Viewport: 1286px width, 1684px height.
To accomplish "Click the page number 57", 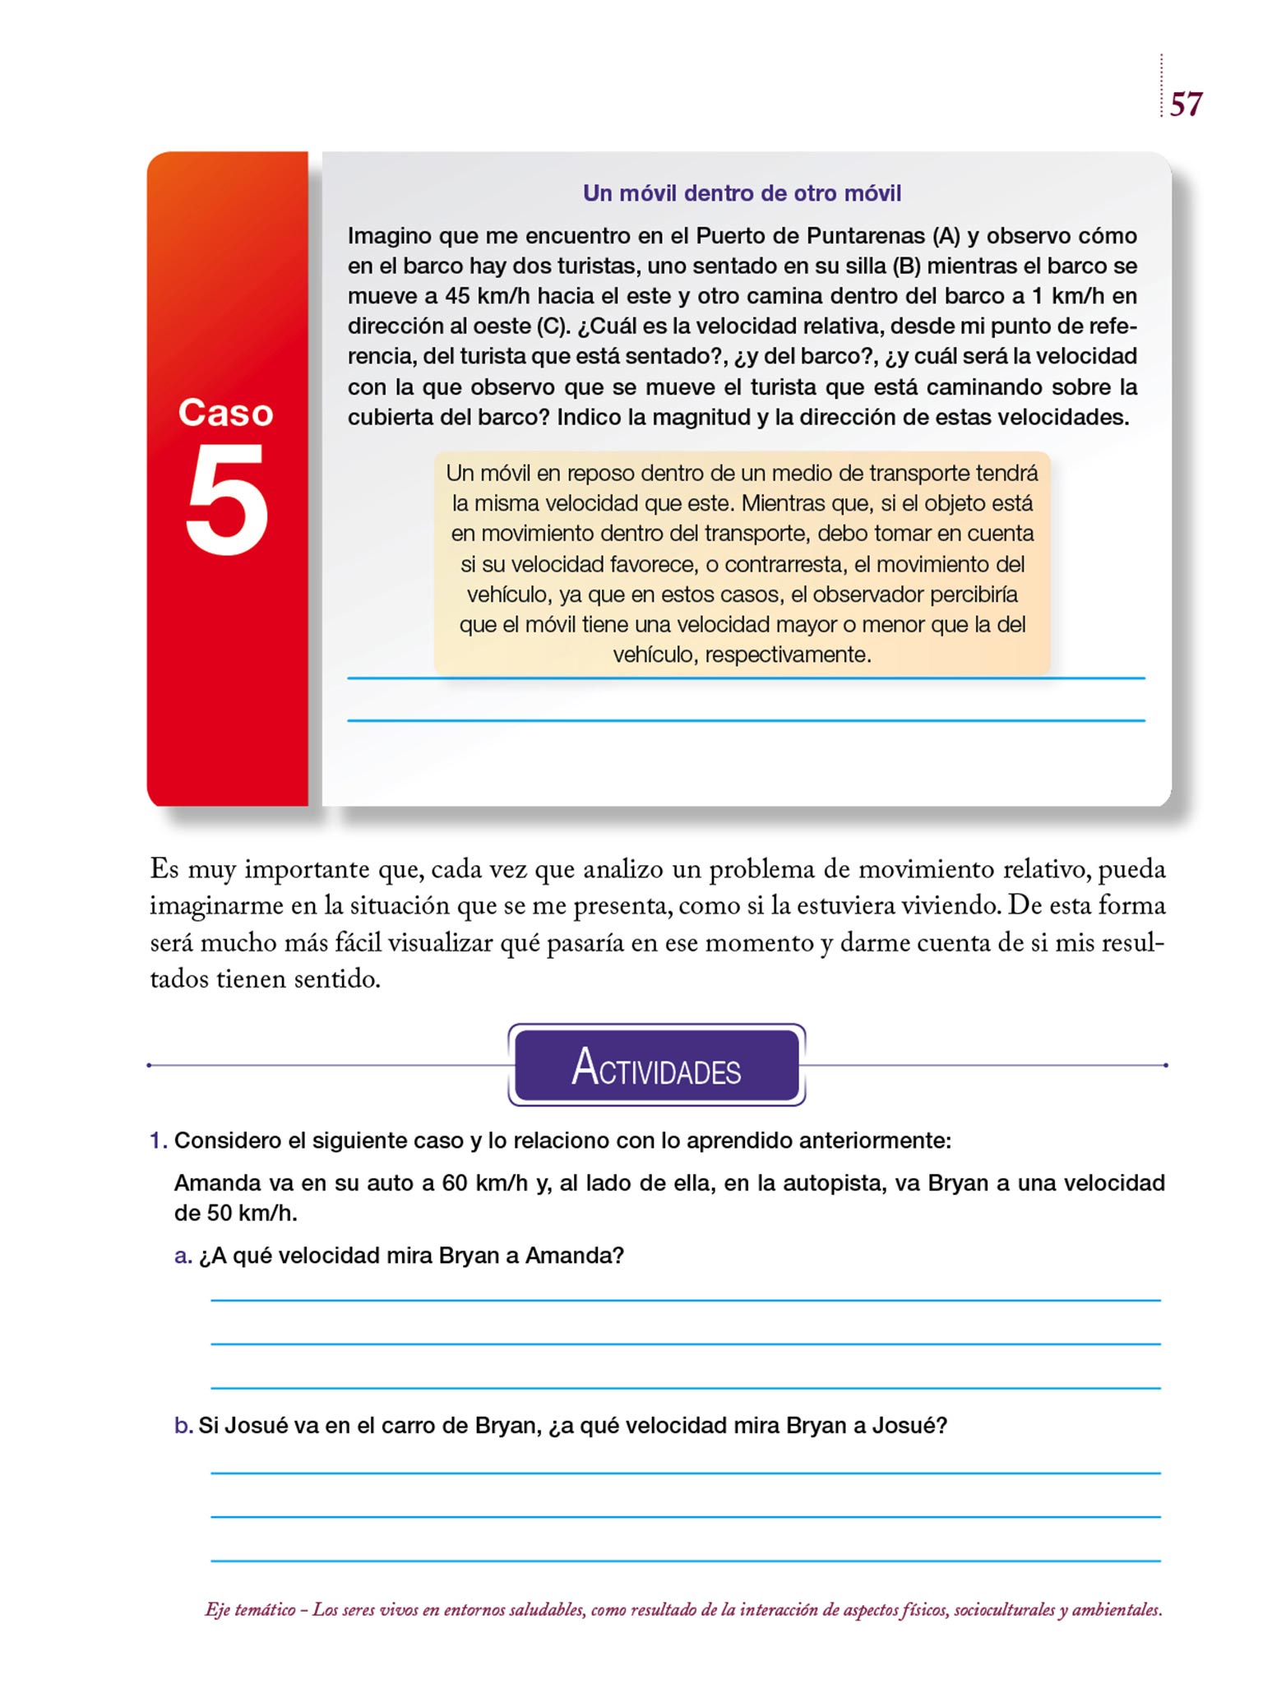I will (x=1186, y=104).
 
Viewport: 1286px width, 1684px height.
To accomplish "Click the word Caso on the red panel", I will (x=226, y=413).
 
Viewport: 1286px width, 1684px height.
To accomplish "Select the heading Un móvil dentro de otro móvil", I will (x=742, y=193).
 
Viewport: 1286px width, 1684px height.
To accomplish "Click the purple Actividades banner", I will (x=656, y=1066).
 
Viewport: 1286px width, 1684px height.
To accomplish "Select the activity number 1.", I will (x=158, y=1140).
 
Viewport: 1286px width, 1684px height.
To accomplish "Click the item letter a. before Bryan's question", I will (x=183, y=1256).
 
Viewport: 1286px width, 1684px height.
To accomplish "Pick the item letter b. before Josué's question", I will (x=183, y=1425).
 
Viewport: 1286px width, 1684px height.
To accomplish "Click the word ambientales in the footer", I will (x=1116, y=1610).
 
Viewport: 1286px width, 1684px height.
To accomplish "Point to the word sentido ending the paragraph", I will (x=339, y=979).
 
